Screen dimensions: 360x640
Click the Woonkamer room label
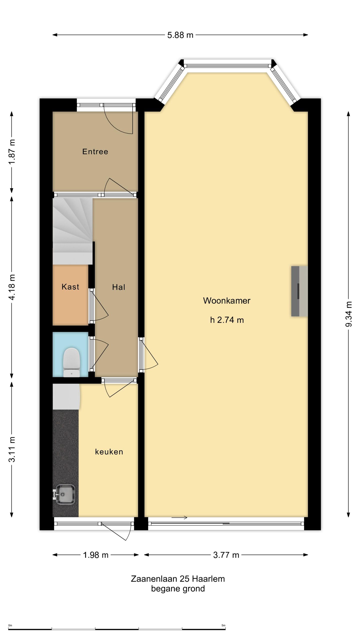[x=226, y=300]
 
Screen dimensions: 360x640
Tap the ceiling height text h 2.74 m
[x=227, y=320]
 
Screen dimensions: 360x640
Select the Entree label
[x=95, y=151]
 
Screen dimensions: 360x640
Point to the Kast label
[x=70, y=287]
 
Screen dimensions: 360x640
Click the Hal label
[x=118, y=287]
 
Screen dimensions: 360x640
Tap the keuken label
[x=109, y=452]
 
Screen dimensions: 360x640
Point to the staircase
[x=72, y=231]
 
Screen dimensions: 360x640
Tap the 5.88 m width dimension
[x=180, y=35]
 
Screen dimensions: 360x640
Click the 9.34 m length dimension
[x=348, y=314]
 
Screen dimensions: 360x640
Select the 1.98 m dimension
[x=95, y=555]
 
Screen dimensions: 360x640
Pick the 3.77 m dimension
[x=226, y=555]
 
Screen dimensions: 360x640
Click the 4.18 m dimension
[x=12, y=286]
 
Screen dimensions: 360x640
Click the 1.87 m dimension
[x=12, y=152]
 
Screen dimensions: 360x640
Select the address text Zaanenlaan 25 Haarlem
[x=178, y=579]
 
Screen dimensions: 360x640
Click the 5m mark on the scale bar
[x=223, y=625]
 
